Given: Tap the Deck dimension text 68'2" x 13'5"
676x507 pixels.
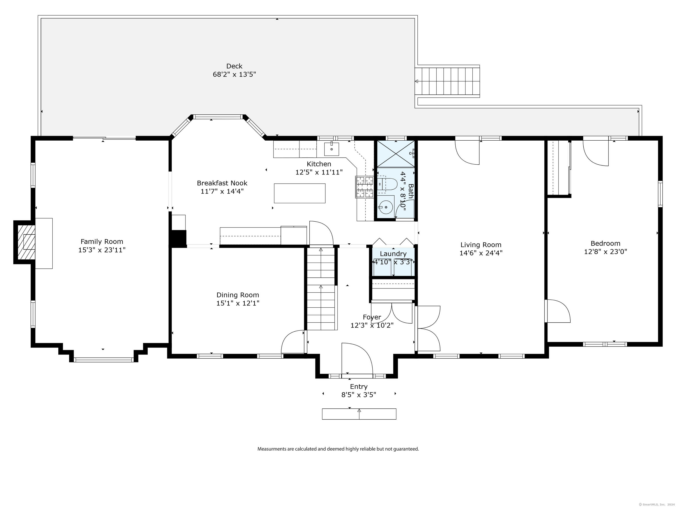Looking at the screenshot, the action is tap(234, 74).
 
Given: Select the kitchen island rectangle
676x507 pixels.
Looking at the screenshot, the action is tap(299, 193).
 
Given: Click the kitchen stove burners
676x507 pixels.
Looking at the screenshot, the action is tap(365, 187).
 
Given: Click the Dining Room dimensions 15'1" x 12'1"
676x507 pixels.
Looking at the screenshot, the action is tap(238, 303).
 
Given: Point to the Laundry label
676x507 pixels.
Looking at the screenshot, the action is tap(393, 254).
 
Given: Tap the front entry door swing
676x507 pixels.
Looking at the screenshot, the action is tap(357, 358).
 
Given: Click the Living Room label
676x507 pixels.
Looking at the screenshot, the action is tap(481, 245).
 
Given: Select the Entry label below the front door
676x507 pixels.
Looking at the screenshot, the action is tap(359, 387).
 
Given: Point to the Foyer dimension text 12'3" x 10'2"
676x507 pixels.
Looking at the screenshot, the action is tap(372, 325).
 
